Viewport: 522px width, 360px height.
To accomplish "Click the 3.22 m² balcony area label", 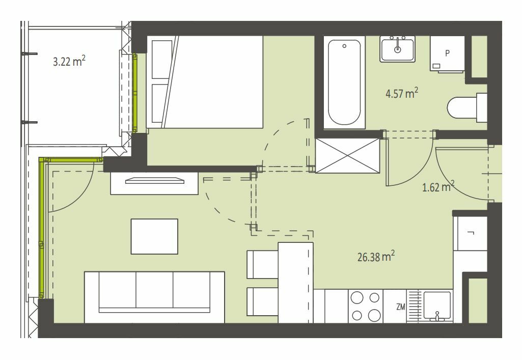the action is tap(69, 61).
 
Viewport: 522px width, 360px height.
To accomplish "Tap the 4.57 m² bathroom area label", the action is tap(402, 93).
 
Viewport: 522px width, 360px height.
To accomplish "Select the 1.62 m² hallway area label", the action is tap(438, 187).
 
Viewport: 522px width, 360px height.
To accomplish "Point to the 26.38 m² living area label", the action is tap(376, 256).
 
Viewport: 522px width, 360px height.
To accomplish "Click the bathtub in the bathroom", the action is tap(344, 82).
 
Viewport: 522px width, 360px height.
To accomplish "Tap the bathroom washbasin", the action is tap(398, 49).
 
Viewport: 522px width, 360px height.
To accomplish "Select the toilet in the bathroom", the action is tap(466, 107).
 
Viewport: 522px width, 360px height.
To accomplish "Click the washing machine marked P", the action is tap(447, 54).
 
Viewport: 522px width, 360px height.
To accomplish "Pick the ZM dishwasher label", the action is tap(400, 307).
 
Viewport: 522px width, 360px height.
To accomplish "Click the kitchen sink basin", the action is tap(437, 306).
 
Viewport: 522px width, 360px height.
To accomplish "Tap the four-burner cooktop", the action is tap(366, 306).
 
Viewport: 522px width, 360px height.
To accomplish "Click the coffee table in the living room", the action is tap(154, 236).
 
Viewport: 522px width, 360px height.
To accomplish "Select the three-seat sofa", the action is tap(154, 297).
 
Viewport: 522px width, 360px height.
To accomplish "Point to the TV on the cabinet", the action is tap(155, 181).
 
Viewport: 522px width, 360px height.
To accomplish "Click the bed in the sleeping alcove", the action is tap(205, 82).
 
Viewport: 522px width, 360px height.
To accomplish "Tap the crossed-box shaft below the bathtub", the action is tap(347, 156).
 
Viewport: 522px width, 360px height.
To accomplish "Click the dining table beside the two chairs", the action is tap(295, 283).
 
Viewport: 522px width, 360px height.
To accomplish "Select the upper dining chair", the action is tap(263, 264).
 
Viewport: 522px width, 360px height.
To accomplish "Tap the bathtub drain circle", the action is tap(344, 46).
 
